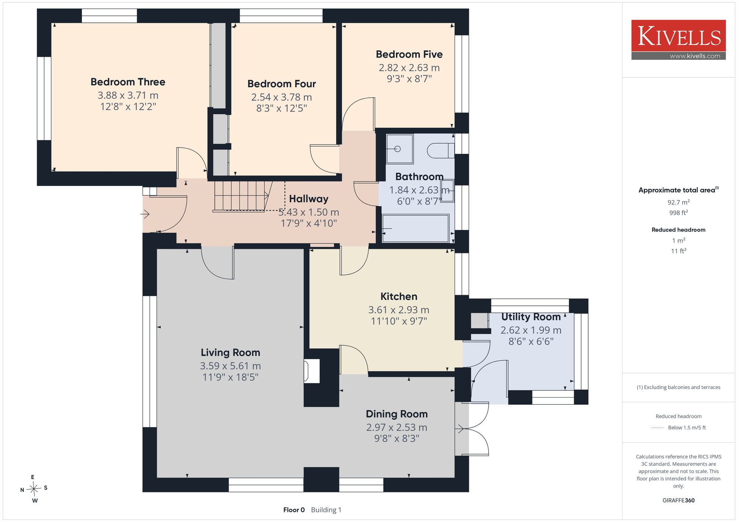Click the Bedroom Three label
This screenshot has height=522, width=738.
128,82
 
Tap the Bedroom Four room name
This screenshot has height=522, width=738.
282,84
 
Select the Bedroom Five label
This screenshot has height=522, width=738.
409,54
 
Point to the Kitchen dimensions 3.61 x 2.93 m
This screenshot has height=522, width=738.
399,310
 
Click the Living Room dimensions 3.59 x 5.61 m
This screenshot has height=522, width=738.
230,366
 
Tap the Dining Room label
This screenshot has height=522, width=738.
397,414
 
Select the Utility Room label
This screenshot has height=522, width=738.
531,317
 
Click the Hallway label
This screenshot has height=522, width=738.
308,199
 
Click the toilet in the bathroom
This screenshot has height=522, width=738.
441,151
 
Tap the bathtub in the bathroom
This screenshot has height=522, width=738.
415,228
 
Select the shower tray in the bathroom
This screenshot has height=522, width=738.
400,149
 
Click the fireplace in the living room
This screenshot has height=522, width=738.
311,371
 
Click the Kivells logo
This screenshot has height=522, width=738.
679,40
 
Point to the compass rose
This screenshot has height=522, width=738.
34,489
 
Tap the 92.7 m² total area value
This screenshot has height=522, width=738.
679,202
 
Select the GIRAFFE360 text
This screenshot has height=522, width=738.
679,501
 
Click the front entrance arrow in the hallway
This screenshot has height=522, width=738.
145,214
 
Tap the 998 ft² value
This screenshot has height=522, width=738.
679,212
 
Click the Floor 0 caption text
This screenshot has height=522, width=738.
294,510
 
